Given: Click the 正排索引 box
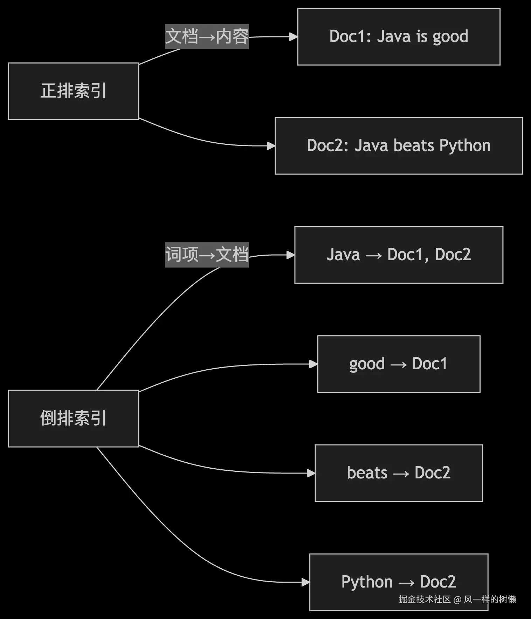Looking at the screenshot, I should [73, 91].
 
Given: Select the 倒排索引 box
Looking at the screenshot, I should [73, 418].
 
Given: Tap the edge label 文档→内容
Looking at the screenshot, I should [207, 37].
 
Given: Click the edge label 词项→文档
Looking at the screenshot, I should [207, 255].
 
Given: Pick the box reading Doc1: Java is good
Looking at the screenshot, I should [399, 37].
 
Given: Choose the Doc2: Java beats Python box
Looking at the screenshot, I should [399, 146].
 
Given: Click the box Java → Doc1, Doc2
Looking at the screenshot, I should [399, 255].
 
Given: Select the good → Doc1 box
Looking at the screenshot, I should [399, 364].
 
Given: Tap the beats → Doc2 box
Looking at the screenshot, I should [399, 473].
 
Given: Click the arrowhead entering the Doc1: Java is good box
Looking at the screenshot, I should [294, 37].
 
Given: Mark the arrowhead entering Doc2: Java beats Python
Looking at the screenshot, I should [271, 146].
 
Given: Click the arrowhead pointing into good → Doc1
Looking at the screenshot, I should [313, 364].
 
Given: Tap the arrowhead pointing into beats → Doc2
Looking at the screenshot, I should [311, 473].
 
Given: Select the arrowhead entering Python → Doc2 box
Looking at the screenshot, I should [305, 582].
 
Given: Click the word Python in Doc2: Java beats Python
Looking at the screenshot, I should [465, 146].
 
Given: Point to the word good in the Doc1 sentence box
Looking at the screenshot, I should [450, 37].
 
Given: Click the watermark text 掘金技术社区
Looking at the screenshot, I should [425, 599].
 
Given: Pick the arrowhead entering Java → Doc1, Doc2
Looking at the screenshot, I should [290, 255].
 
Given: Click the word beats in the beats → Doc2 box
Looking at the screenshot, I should [367, 473].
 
